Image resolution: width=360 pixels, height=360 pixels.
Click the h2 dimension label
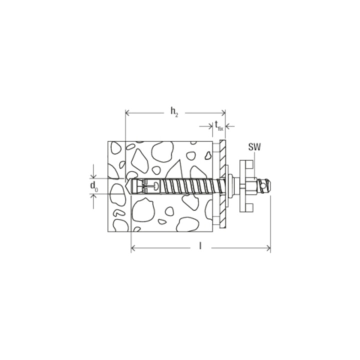click(x=174, y=112)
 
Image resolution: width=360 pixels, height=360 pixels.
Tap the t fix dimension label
click(x=219, y=126)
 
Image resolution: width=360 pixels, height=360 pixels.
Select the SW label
click(x=254, y=147)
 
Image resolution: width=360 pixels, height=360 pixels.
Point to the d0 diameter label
click(x=94, y=186)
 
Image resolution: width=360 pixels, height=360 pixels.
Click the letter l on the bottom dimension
click(x=200, y=246)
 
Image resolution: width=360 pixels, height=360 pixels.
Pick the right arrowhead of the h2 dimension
click(x=222, y=112)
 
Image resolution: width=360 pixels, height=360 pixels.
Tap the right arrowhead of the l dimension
click(x=267, y=248)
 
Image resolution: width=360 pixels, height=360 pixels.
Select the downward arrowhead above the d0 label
click(x=93, y=175)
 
